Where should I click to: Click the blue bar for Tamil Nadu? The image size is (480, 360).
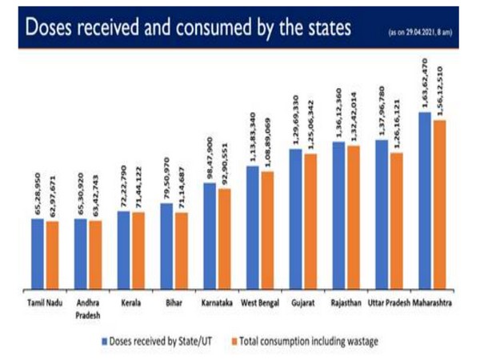pos(38,254)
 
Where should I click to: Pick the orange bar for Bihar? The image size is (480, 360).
pos(182,250)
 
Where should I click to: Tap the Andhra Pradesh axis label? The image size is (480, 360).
pos(88,309)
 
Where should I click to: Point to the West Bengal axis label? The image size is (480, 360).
pos(260,304)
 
